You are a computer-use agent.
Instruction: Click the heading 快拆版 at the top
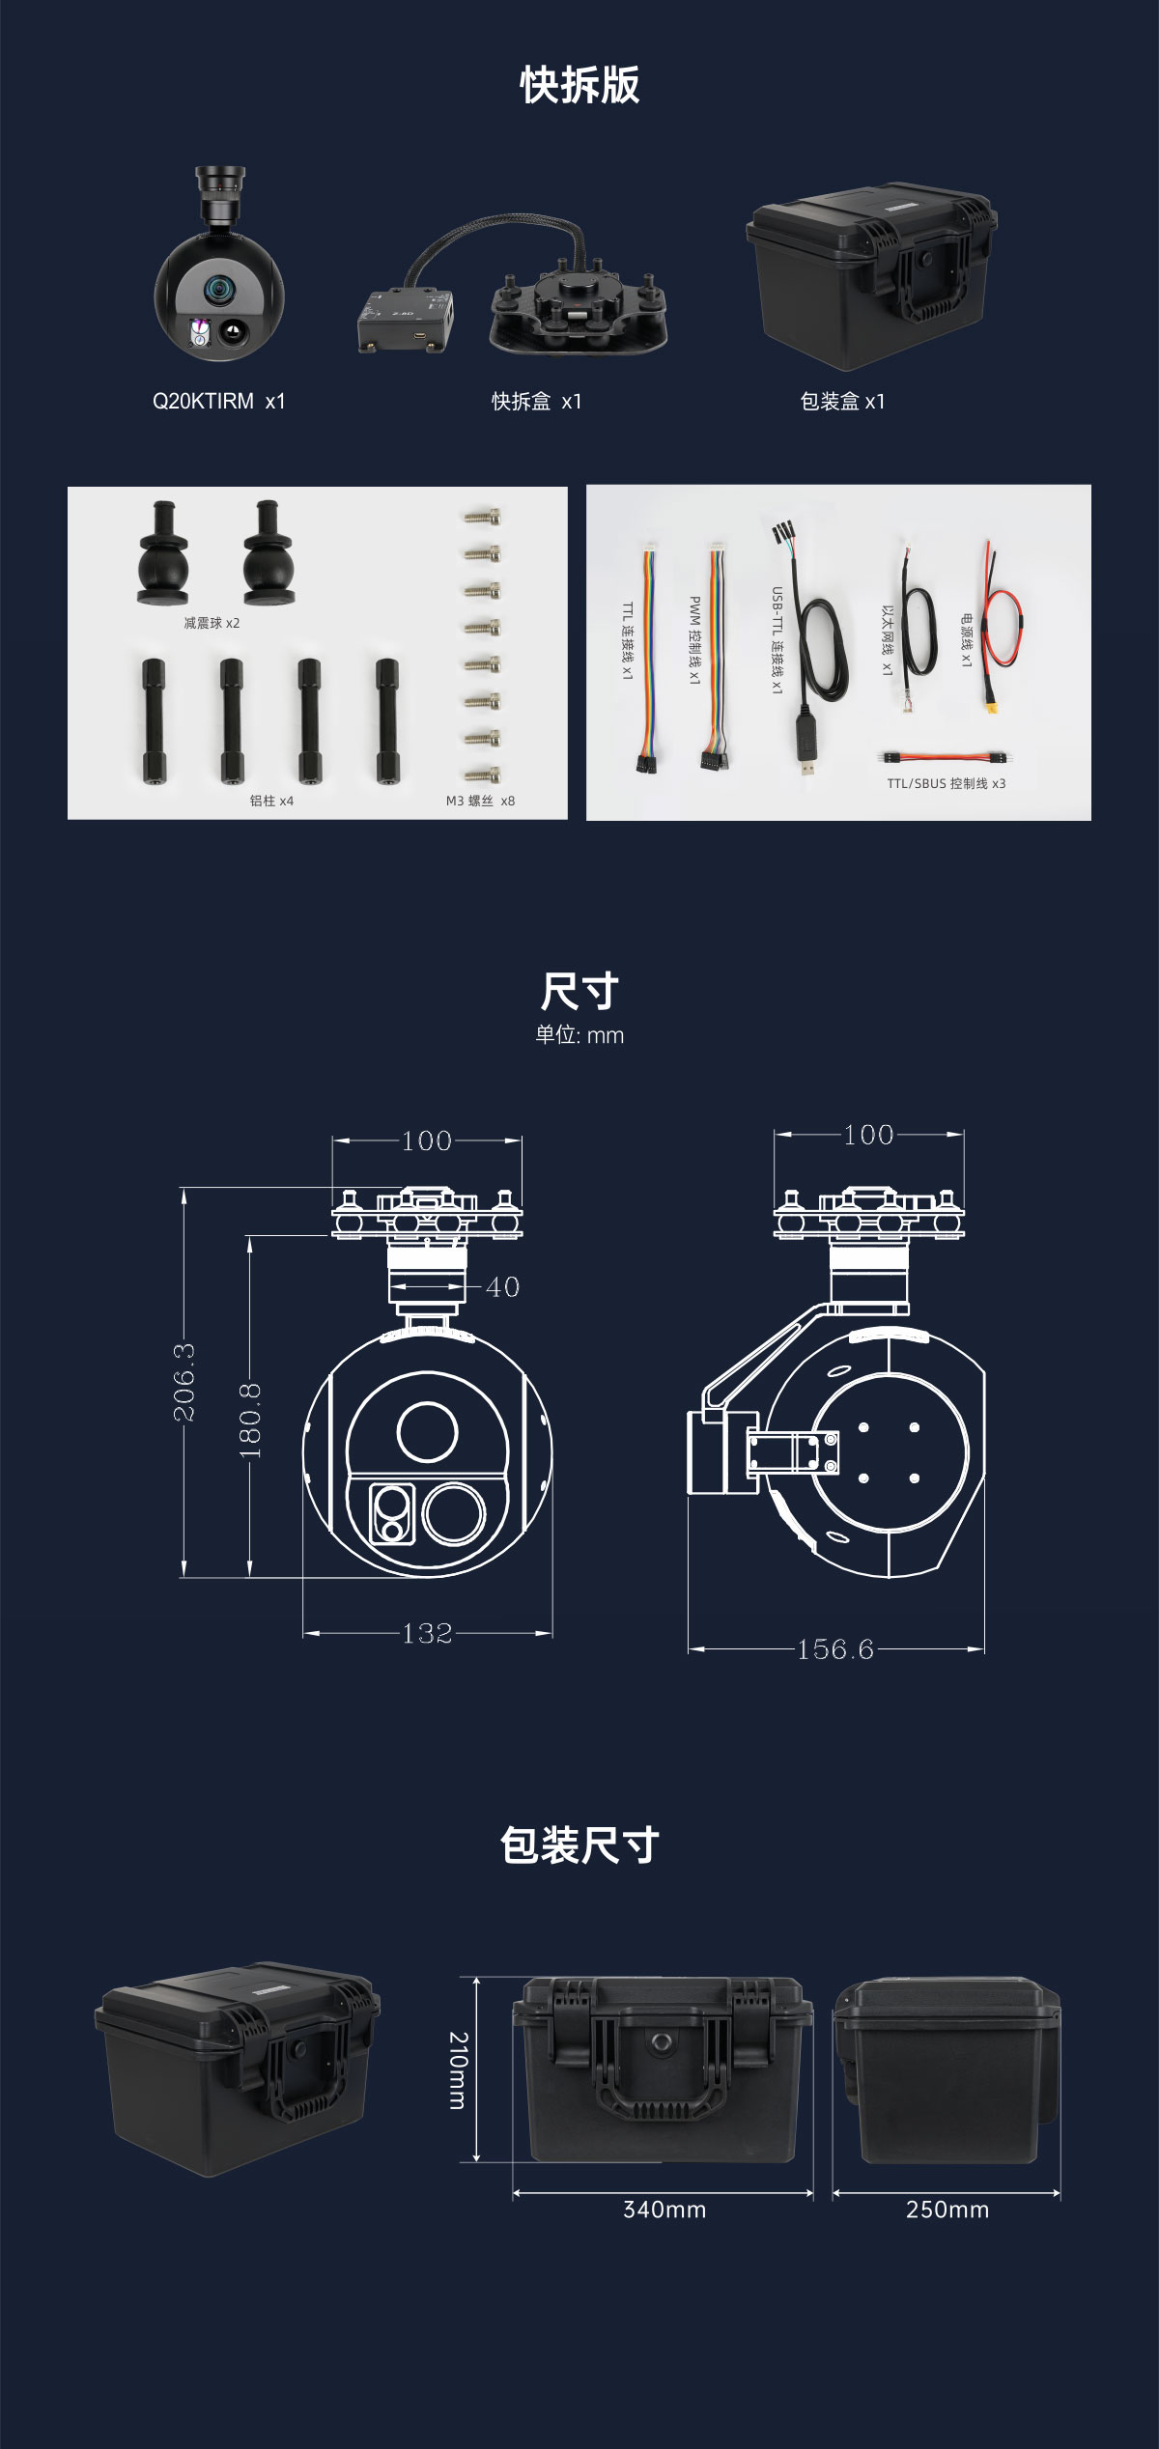click(579, 85)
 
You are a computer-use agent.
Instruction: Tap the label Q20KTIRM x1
click(219, 401)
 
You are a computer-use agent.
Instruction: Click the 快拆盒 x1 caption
click(537, 401)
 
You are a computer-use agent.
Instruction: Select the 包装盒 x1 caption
click(842, 401)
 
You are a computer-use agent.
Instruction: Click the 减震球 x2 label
click(212, 623)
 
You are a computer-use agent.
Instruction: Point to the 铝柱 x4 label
click(271, 801)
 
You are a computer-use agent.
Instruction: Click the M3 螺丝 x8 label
click(480, 801)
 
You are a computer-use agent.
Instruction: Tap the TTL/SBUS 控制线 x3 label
click(947, 783)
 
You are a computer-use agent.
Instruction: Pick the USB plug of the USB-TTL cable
click(808, 754)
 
